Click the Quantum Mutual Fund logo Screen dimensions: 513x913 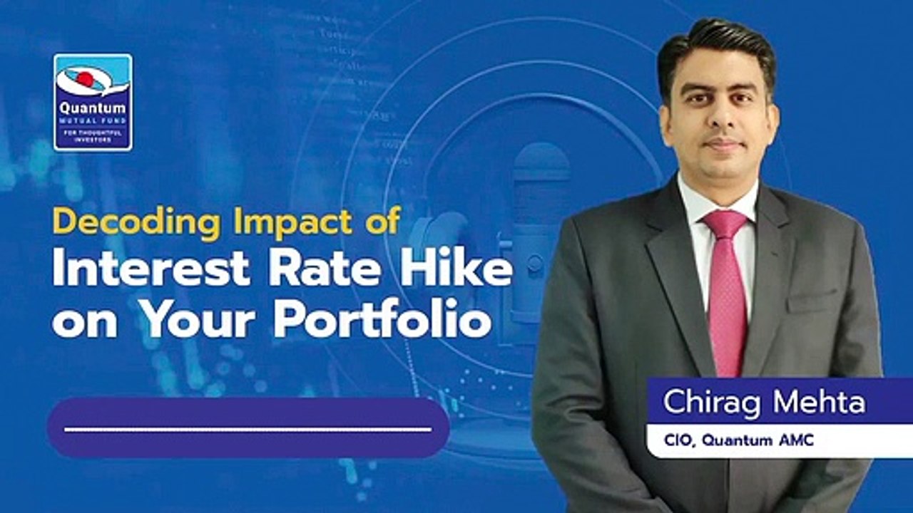click(93, 102)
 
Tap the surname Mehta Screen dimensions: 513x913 click(820, 402)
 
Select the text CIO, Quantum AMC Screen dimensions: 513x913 click(739, 440)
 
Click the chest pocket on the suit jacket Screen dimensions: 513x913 click(812, 299)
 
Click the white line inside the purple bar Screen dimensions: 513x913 click(248, 429)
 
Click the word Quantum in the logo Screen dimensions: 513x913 click(93, 109)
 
